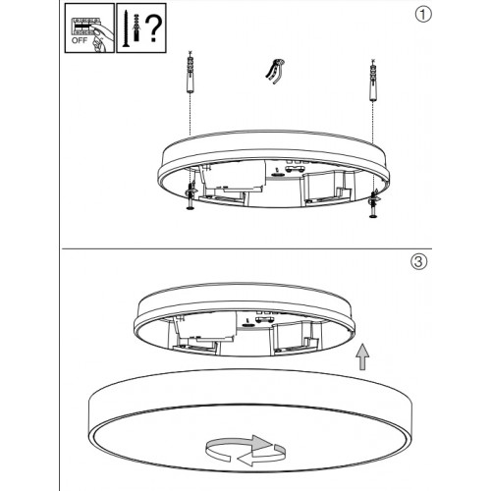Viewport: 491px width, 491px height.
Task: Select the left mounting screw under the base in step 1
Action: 190,201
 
